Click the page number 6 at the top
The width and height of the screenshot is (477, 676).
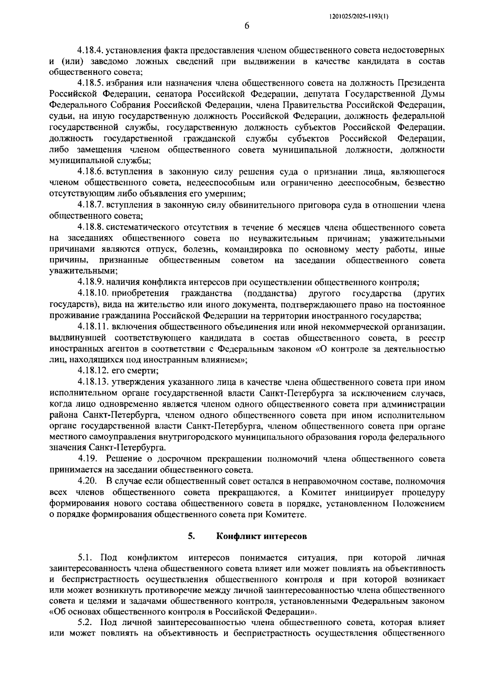246,27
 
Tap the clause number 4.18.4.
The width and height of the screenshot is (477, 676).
91,51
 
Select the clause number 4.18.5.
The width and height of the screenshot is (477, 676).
91,84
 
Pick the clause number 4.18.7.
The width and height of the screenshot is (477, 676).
91,205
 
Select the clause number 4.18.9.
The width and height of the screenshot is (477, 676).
91,283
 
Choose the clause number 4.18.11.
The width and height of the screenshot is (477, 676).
93,327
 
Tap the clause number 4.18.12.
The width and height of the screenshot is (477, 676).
93,371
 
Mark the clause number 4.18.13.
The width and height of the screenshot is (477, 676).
93,382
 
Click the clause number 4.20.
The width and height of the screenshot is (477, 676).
87,481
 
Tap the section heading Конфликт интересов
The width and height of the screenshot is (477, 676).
262,536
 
